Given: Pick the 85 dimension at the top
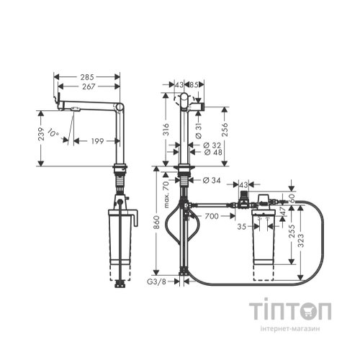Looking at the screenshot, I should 196,84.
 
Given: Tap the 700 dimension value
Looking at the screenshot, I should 210,215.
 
